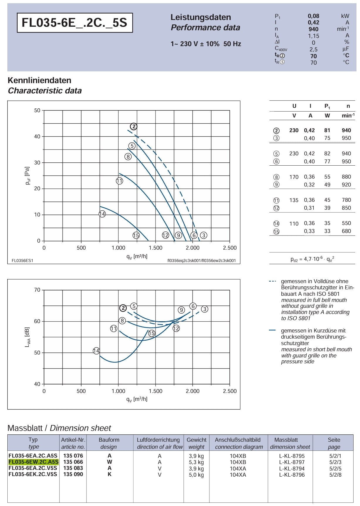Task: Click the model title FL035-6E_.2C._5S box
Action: click(x=75, y=23)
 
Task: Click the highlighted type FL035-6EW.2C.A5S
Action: click(x=33, y=462)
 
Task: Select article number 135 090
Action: click(x=73, y=474)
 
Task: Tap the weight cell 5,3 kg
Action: click(x=196, y=462)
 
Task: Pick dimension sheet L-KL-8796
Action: click(x=292, y=475)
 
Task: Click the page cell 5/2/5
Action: click(x=335, y=469)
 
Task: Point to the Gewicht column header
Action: click(x=197, y=440)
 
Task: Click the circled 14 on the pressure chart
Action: click(x=102, y=214)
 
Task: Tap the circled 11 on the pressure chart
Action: click(x=119, y=181)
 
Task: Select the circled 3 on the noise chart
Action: click(x=204, y=309)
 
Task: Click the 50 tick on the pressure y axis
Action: click(x=37, y=110)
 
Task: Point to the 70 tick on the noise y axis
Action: click(x=37, y=290)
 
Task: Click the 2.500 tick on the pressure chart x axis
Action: click(x=230, y=248)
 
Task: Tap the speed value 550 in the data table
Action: click(x=346, y=223)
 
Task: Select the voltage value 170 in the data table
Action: click(x=294, y=177)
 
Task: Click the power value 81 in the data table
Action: click(x=327, y=130)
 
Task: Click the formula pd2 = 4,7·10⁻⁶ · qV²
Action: click(x=312, y=259)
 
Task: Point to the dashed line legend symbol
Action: click(x=272, y=281)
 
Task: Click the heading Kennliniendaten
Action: click(x=40, y=80)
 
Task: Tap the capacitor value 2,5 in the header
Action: click(x=313, y=49)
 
